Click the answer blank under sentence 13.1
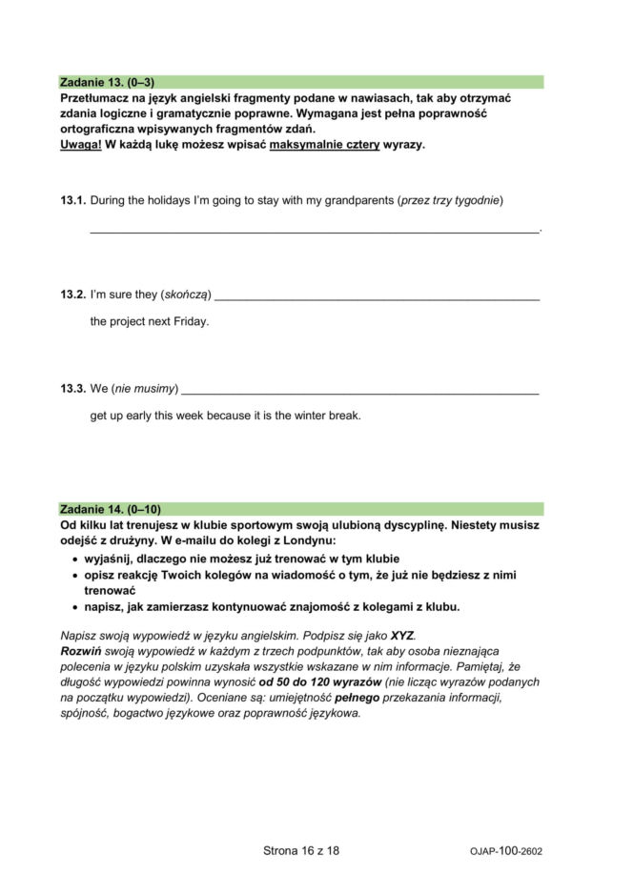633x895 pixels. pyautogui.click(x=315, y=229)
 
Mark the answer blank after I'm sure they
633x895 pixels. pyautogui.click(x=378, y=297)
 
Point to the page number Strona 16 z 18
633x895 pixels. pyautogui.click(x=301, y=851)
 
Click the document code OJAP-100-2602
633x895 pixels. pyautogui.click(x=506, y=852)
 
